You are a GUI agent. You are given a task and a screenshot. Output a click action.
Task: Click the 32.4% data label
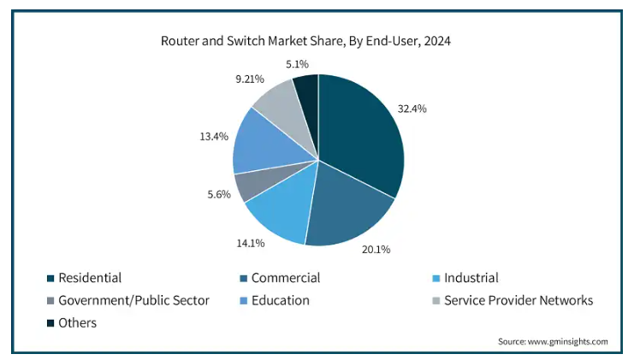[412, 109]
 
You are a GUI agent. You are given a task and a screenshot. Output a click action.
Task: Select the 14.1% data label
[251, 243]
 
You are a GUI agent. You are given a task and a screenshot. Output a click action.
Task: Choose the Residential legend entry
[89, 278]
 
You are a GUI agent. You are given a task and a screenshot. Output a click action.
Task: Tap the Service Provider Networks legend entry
[518, 300]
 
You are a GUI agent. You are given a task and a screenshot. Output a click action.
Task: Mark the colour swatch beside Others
[51, 323]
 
